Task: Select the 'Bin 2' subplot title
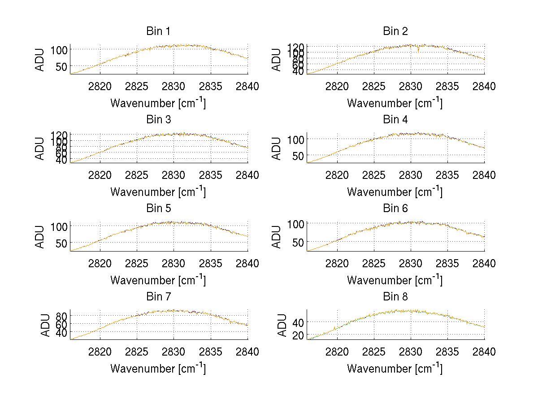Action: (395, 31)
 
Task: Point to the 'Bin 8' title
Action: (395, 297)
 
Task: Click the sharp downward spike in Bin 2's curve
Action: (418, 51)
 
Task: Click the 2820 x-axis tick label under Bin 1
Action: (100, 87)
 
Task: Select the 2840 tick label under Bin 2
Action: (484, 87)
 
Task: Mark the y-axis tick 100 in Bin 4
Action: (295, 139)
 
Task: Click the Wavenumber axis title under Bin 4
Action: (395, 191)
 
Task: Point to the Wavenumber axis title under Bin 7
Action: (158, 368)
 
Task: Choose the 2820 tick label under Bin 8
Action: (337, 352)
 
